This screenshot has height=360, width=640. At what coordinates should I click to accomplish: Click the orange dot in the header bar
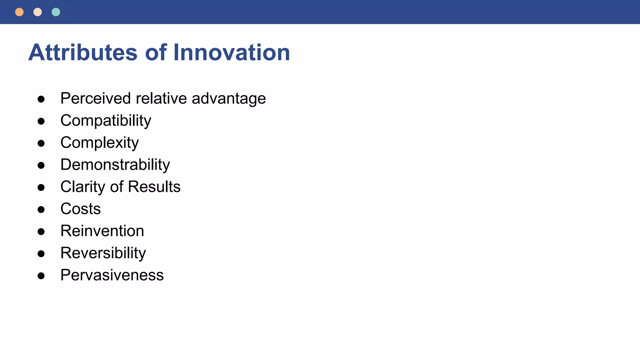click(x=19, y=12)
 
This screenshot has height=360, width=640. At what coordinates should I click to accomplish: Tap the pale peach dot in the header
click(x=37, y=12)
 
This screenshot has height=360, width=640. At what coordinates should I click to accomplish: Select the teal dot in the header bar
click(x=56, y=12)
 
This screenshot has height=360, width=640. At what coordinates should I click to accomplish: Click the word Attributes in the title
click(x=83, y=52)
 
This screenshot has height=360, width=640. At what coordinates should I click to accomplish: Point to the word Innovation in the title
click(x=232, y=52)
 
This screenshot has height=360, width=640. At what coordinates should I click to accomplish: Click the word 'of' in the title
click(x=156, y=52)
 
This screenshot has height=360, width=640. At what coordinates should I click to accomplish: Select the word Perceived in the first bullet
click(x=96, y=98)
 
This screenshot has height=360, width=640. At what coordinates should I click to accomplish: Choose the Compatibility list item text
click(x=106, y=121)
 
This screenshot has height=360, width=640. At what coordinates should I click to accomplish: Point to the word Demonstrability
click(x=115, y=165)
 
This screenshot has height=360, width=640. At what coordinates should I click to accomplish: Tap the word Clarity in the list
click(x=82, y=187)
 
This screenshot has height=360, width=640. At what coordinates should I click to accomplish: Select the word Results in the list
click(x=154, y=187)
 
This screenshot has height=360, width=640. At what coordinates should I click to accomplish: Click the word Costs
click(x=81, y=209)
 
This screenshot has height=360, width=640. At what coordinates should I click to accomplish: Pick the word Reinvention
click(x=102, y=231)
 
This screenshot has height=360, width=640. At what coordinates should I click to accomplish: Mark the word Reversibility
click(x=103, y=253)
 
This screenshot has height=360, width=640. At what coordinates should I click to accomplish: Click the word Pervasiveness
click(x=112, y=275)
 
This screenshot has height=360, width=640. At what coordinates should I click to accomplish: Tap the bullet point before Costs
click(x=41, y=209)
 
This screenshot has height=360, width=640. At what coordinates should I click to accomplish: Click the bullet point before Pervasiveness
click(x=41, y=276)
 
